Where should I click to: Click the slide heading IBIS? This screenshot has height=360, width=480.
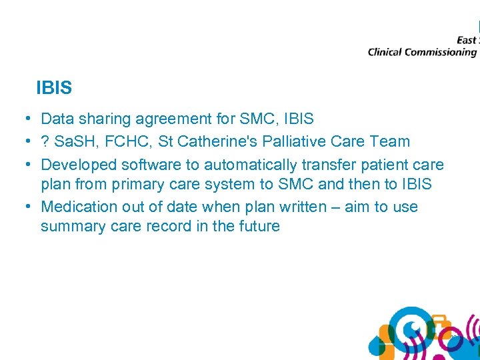tap(54, 87)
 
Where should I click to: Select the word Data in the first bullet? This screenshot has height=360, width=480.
tap(57, 119)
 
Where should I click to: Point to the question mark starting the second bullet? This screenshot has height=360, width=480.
tap(45, 141)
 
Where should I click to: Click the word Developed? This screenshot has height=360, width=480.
tap(79, 165)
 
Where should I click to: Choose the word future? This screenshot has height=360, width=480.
tap(258, 227)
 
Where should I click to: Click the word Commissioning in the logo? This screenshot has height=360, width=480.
tap(442, 53)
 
